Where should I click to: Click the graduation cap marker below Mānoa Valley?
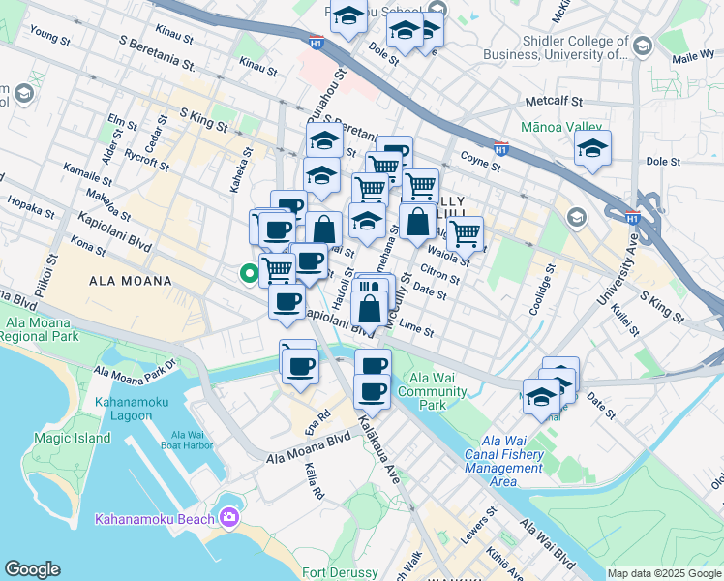point(592,148)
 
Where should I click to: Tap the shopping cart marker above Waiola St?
point(466,231)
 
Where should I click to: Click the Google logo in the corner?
point(32,569)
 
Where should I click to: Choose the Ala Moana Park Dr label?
point(136,369)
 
